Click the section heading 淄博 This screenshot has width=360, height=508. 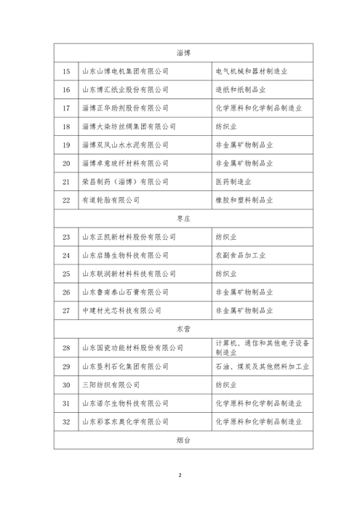click(183, 53)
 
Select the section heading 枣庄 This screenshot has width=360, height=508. click(183, 218)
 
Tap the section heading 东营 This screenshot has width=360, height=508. click(183, 329)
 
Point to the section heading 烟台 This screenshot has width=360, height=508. click(183, 440)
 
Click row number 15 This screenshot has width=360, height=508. click(66, 71)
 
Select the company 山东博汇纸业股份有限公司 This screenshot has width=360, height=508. click(124, 89)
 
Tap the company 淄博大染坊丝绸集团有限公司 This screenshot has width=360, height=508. click(129, 126)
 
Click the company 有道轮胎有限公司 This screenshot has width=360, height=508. click(110, 199)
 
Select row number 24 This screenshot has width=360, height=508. click(66, 255)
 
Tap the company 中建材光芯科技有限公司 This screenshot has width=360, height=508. click(120, 310)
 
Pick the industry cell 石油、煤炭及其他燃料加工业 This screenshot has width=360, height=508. click(263, 366)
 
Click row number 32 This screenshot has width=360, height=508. click(66, 422)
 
